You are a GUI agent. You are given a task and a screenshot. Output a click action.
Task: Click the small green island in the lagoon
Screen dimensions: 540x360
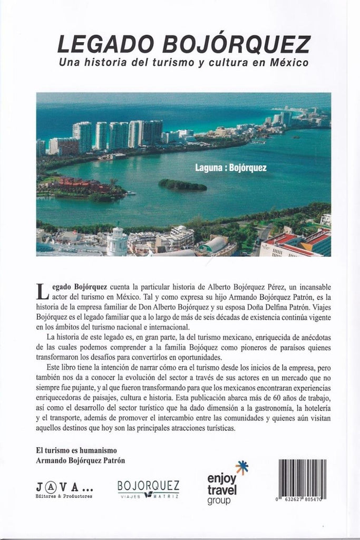182,185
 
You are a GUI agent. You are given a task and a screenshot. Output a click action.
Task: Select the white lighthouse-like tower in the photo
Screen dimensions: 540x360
116,242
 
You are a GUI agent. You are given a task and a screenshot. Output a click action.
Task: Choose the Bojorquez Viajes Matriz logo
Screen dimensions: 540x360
148,489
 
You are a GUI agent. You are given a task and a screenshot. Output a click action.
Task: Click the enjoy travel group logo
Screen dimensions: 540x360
223,484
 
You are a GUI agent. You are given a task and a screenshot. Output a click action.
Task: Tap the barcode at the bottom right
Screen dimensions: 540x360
301,480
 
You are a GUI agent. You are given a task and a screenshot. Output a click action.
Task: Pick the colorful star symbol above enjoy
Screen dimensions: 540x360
242,467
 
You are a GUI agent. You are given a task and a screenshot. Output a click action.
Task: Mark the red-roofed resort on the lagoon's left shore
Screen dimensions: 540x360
84,186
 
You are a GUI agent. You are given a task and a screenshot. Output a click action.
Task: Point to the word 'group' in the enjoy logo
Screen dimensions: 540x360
219,499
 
